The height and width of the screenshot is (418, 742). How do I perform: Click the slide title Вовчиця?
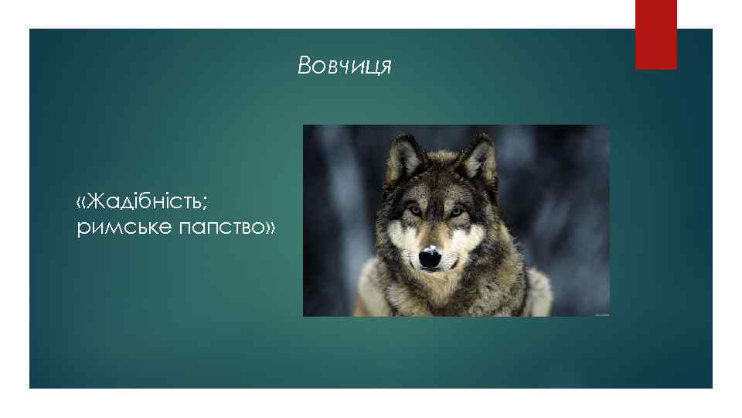point(345,67)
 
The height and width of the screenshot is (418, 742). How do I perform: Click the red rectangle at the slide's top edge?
point(655,34)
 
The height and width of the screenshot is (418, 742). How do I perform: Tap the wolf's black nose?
point(431,260)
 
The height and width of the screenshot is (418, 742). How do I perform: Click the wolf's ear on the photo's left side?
point(403,156)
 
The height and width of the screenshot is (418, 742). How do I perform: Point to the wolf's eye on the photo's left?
point(415,210)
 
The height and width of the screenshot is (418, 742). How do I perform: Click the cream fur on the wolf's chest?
point(433,298)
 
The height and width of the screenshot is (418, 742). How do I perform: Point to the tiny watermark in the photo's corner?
point(601,313)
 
